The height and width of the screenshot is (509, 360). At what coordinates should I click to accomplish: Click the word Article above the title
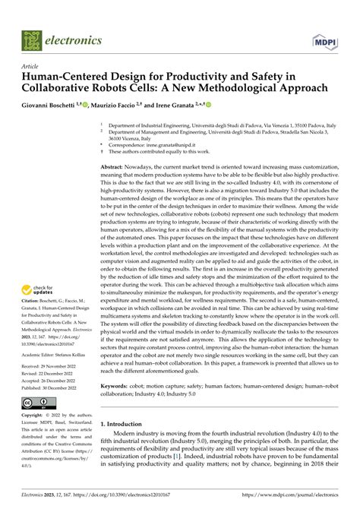point(33,66)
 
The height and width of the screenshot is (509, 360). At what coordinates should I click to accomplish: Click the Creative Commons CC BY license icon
point(42,402)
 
